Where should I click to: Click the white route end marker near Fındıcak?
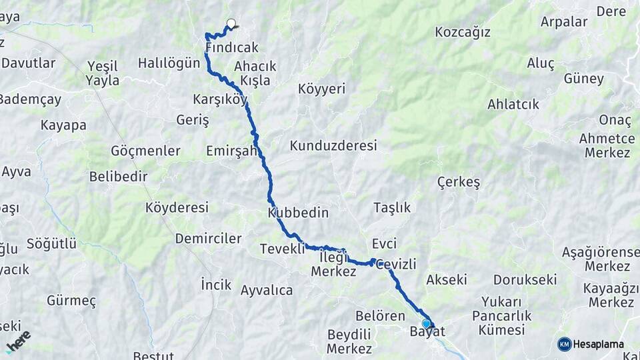pyautogui.click(x=231, y=24)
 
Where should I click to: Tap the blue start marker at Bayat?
pyautogui.click(x=427, y=323)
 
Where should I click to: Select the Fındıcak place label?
pyautogui.click(x=232, y=48)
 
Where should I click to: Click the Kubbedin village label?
pyautogui.click(x=298, y=213)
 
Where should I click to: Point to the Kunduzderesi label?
pyautogui.click(x=333, y=145)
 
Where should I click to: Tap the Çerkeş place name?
pyautogui.click(x=459, y=183)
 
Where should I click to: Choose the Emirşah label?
pyautogui.click(x=231, y=150)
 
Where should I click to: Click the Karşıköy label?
pyautogui.click(x=219, y=100)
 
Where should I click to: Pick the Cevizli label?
pyautogui.click(x=396, y=265)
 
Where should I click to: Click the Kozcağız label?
pyautogui.click(x=463, y=32)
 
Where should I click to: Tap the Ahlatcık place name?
pyautogui.click(x=513, y=105)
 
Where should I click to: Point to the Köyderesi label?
pyautogui.click(x=177, y=207)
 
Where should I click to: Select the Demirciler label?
pyautogui.click(x=208, y=239)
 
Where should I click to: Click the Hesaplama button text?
pyautogui.click(x=599, y=345)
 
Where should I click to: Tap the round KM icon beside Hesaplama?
pyautogui.click(x=565, y=344)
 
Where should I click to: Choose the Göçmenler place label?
pyautogui.click(x=146, y=151)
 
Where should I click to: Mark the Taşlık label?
pyautogui.click(x=392, y=207)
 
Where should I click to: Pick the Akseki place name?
pyautogui.click(x=447, y=279)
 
